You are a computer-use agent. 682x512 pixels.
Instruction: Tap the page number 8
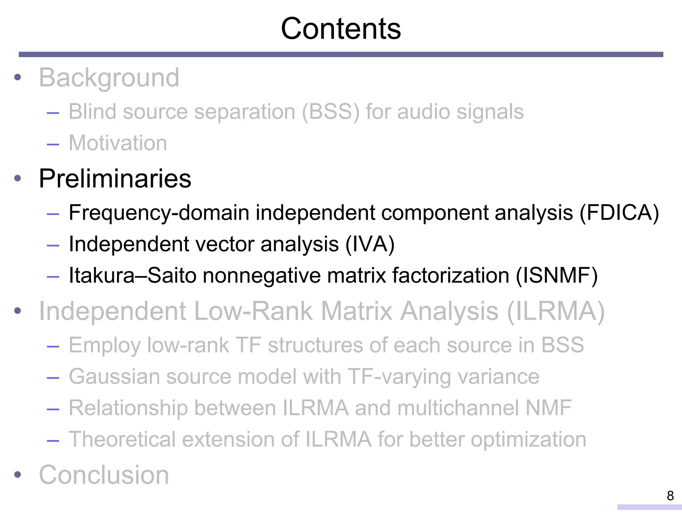coord(670,496)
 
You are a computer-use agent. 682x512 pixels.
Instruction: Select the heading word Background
coord(109,78)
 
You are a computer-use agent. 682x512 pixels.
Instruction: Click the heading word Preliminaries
coord(115,179)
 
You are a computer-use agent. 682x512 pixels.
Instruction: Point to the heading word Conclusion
coord(104,475)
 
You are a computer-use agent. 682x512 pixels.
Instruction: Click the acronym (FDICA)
coord(619,213)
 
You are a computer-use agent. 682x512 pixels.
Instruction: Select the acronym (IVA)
coord(370,244)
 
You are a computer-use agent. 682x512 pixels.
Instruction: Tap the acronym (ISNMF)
coord(556,276)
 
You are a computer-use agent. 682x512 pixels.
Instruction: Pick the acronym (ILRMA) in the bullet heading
coord(555,311)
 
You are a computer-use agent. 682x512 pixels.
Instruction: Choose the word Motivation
coord(118,143)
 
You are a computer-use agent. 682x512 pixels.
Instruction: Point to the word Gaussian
coord(114,377)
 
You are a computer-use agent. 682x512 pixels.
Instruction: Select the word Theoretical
coord(122,439)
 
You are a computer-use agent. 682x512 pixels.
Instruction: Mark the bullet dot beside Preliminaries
coord(18,178)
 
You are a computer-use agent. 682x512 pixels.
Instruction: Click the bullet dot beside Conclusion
coord(18,474)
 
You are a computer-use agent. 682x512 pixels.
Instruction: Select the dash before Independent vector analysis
coord(53,246)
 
